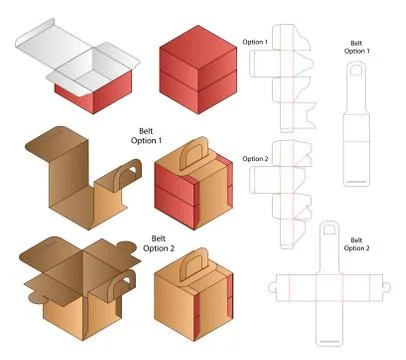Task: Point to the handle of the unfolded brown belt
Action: [x=124, y=183]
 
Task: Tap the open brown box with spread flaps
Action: [x=70, y=281]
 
